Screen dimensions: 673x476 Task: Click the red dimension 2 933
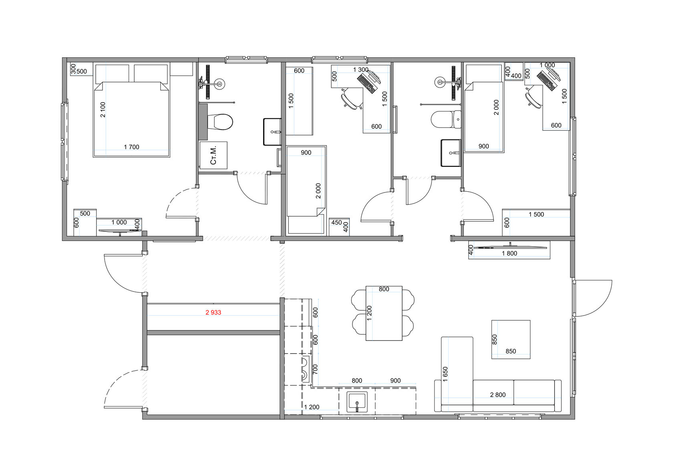(x=213, y=312)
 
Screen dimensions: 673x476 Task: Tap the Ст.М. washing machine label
(x=213, y=156)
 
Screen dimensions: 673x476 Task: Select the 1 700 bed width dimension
(x=131, y=147)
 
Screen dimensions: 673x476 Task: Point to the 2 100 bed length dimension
(x=103, y=109)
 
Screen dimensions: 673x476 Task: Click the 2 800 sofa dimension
(x=498, y=395)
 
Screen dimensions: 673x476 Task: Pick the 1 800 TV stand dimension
(x=510, y=253)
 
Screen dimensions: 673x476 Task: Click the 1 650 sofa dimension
(x=445, y=374)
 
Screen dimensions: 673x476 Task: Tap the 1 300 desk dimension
(x=361, y=70)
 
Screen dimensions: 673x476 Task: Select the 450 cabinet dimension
(x=336, y=223)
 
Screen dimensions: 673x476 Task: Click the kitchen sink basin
(x=357, y=402)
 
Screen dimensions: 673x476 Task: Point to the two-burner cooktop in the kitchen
(x=306, y=369)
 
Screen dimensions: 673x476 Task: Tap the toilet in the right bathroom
(x=446, y=120)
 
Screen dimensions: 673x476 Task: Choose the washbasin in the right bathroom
(x=451, y=153)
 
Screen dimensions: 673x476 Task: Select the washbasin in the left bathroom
(x=272, y=132)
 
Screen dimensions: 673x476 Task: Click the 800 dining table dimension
(x=384, y=289)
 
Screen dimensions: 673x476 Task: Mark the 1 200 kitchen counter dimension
(x=312, y=407)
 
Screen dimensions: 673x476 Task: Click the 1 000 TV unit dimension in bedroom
(x=119, y=223)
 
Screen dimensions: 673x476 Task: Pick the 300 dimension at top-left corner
(x=73, y=69)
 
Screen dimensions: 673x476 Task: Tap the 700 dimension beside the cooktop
(x=315, y=369)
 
